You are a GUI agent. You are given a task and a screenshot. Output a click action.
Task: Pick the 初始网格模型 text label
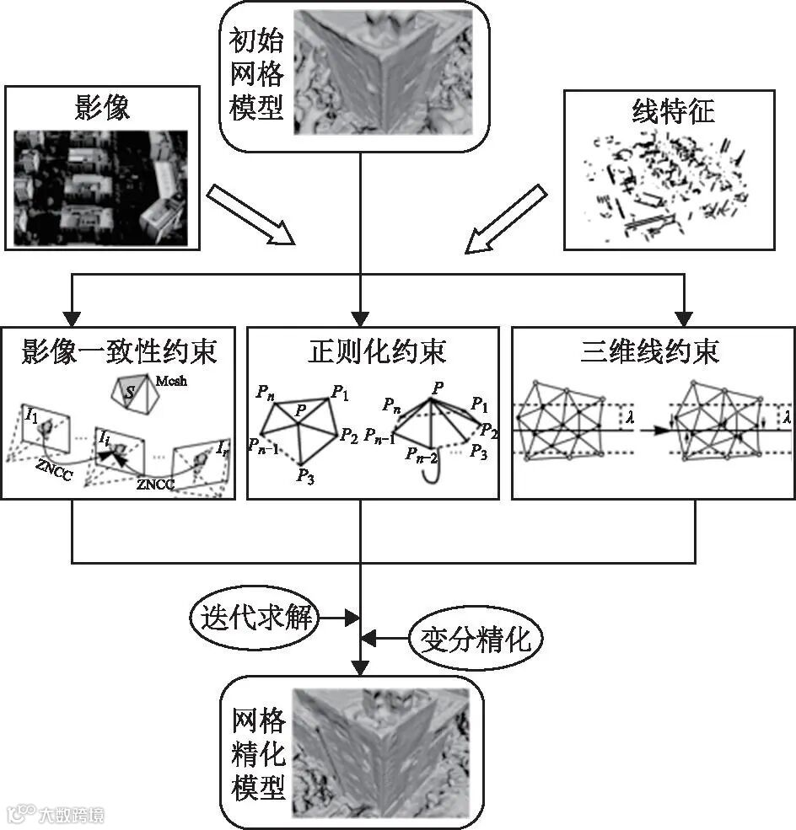(x=256, y=74)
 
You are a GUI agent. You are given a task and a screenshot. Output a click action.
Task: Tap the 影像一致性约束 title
(x=121, y=351)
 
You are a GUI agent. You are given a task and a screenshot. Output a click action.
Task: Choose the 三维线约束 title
(x=650, y=351)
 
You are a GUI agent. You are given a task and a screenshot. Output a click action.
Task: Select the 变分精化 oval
(x=476, y=640)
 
